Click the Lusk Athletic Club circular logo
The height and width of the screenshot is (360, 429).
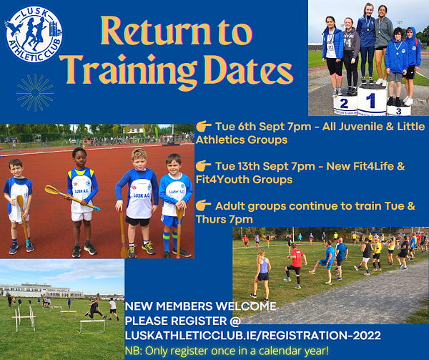click(x=34, y=34)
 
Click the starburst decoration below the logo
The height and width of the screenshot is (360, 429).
click(x=35, y=92)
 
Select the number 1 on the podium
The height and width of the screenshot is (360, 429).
click(x=370, y=100)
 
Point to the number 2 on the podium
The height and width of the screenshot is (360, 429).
click(x=344, y=104)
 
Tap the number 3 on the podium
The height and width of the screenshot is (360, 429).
click(x=399, y=111)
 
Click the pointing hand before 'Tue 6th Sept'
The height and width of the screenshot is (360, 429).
click(x=204, y=127)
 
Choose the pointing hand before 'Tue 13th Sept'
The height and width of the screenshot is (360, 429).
click(x=204, y=166)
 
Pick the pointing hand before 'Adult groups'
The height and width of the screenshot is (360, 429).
click(x=204, y=205)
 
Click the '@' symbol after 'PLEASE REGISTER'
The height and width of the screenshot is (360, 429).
click(x=235, y=321)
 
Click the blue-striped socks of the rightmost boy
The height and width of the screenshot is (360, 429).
click(x=170, y=241)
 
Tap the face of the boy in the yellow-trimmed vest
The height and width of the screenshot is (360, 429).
click(x=79, y=157)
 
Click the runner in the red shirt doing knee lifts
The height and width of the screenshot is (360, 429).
click(x=295, y=266)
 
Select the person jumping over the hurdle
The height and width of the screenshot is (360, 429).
click(x=94, y=308)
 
